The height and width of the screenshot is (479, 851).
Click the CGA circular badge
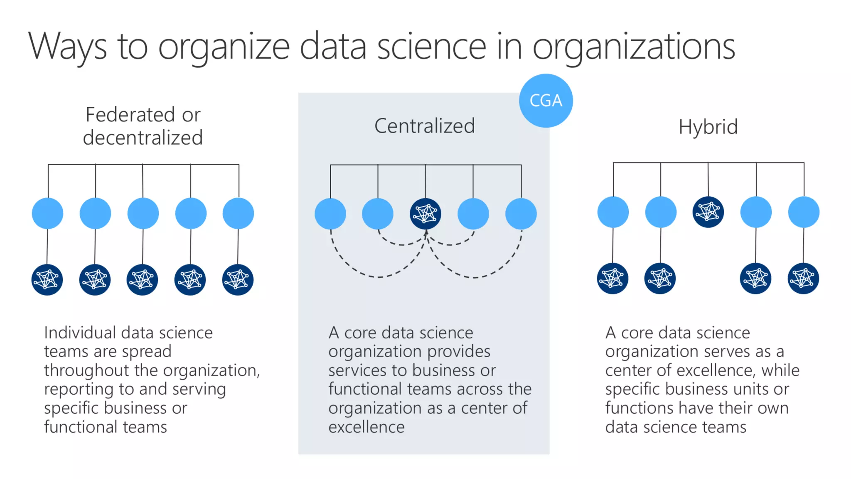(546, 101)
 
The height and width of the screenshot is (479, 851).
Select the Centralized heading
(424, 126)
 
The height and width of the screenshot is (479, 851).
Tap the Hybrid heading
(708, 127)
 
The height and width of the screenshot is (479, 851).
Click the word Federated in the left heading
(130, 115)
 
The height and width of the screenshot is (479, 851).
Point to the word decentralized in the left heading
(143, 138)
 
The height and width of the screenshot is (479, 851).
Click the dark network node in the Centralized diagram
(425, 214)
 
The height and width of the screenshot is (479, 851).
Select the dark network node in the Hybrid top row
(708, 212)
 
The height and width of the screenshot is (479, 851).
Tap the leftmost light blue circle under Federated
(48, 213)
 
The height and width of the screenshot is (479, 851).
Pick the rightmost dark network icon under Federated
(238, 279)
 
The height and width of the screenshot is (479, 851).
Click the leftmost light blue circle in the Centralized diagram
(330, 214)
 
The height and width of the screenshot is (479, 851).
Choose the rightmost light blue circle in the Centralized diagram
(521, 214)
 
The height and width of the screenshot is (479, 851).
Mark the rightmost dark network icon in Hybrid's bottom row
(803, 279)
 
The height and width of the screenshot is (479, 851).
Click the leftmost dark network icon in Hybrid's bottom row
(612, 279)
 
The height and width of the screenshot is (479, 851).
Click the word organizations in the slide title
(634, 47)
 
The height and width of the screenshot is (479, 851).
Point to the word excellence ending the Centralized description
(366, 427)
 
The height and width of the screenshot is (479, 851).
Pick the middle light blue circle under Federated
(143, 213)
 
